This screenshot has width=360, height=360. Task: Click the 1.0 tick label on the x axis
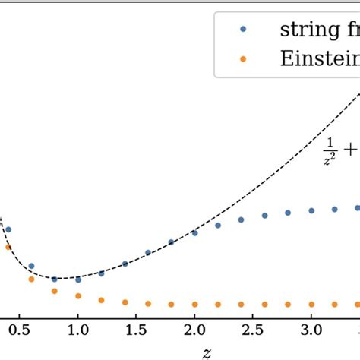[77, 331]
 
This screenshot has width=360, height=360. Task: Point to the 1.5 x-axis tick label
[136, 331]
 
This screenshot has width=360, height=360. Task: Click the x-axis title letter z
[207, 352]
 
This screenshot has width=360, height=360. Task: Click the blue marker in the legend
[242, 30]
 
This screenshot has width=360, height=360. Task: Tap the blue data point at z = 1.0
[77, 279]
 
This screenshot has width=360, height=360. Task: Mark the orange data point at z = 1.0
[77, 295]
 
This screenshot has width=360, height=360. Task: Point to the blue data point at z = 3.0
[311, 210]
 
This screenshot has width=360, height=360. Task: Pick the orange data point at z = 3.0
[311, 304]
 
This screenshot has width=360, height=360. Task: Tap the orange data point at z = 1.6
[148, 303]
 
